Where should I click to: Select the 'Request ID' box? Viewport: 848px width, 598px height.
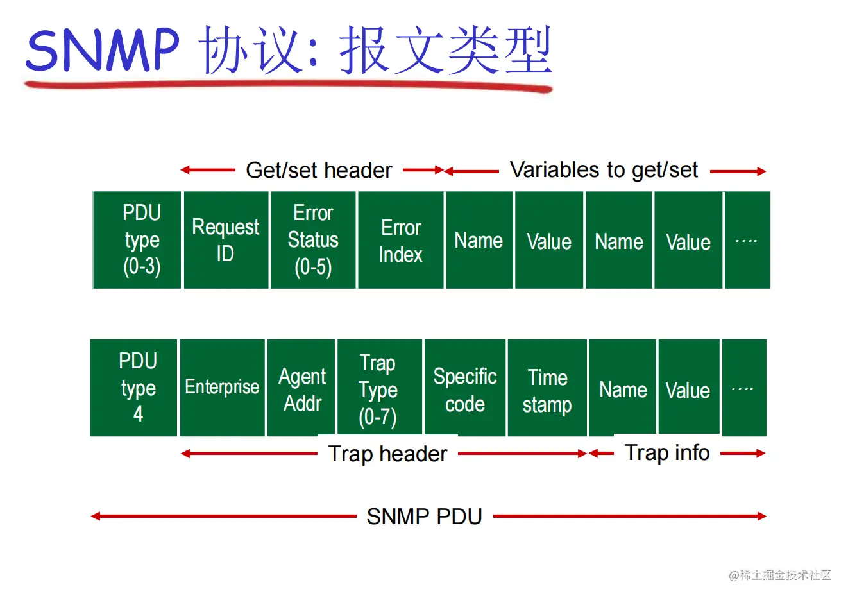(226, 240)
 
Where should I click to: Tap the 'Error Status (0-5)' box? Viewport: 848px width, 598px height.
(313, 240)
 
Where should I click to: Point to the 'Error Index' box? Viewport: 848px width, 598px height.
(401, 240)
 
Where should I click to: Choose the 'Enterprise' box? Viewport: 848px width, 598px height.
(223, 388)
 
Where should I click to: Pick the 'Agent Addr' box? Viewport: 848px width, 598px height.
(301, 388)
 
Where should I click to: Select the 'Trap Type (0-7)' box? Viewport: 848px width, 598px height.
(379, 388)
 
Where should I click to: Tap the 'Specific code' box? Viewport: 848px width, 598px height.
(465, 388)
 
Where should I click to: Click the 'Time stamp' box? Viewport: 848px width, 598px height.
(547, 388)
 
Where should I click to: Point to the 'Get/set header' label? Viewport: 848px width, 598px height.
(319, 171)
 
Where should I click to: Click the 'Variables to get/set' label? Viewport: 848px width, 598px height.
(604, 170)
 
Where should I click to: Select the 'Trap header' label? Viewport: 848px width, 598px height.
(387, 454)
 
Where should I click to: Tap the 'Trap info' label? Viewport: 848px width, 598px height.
(667, 453)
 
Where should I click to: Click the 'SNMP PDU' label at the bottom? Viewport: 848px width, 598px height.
(424, 517)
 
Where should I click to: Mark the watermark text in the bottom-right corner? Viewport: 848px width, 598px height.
(780, 575)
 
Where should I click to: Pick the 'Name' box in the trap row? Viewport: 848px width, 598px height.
(623, 388)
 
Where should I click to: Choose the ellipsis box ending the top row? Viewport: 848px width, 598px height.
(747, 240)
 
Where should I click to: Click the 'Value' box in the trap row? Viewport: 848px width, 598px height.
(688, 388)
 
